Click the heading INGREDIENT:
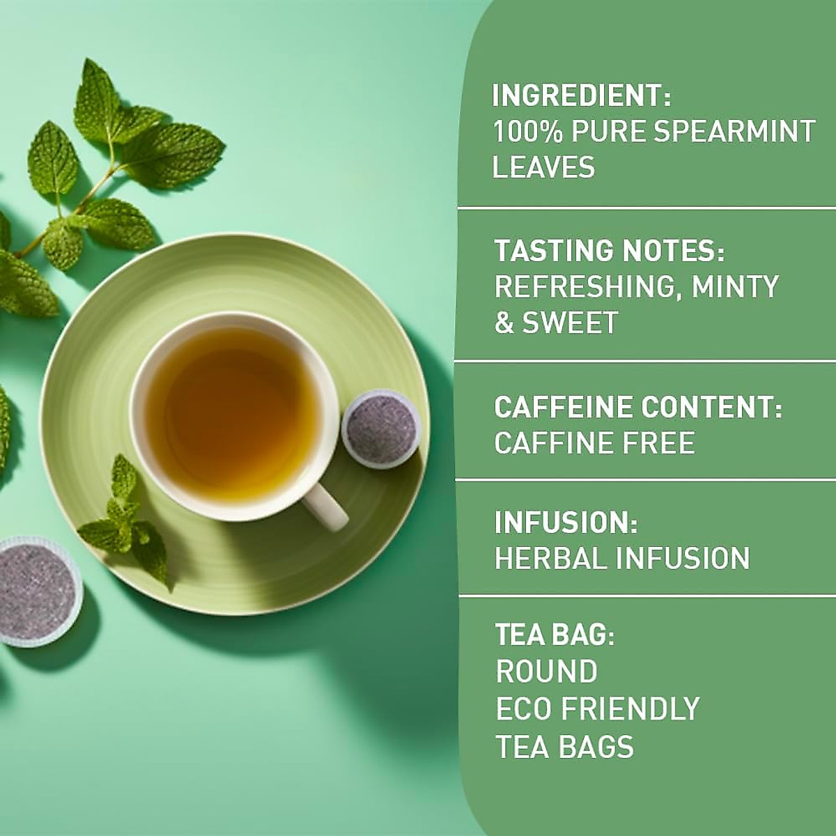[581, 95]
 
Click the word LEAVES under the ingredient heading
[543, 168]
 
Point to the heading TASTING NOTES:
[610, 251]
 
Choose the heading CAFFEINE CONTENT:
[638, 408]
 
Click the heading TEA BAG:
[555, 635]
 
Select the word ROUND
[546, 672]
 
